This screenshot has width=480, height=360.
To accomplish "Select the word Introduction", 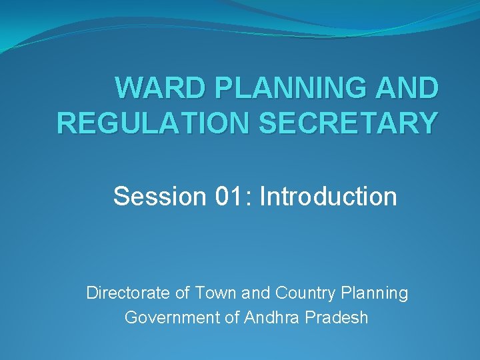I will [329, 197].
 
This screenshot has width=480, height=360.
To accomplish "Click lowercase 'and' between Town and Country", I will [251, 293].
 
